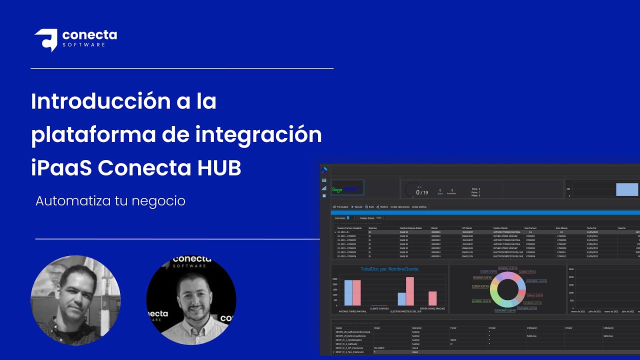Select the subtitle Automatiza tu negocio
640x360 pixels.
coord(110,201)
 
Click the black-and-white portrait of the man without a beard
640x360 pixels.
coord(75,300)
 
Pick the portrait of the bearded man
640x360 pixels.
coord(191,300)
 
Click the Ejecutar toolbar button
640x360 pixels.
coord(357,206)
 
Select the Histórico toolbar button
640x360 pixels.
coord(382,206)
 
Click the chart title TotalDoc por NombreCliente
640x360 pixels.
coord(389,269)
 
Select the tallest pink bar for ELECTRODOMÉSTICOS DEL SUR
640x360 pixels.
coord(410,291)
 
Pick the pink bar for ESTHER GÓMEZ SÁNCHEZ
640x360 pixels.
coord(432,298)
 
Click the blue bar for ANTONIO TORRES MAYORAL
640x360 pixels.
coord(348,292)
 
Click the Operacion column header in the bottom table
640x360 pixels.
coord(417,328)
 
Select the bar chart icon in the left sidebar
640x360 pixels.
coord(324,188)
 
